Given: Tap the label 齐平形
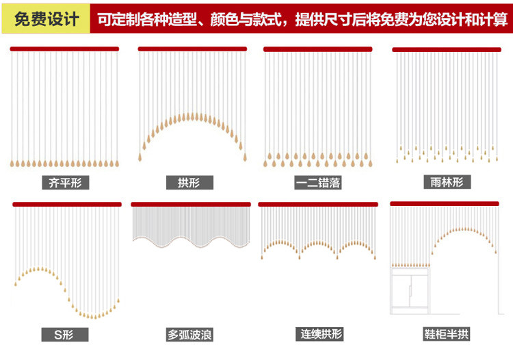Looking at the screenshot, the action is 65,183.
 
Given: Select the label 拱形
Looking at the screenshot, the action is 190,183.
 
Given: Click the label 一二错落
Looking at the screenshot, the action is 317,183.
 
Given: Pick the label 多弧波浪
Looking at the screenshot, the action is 190,335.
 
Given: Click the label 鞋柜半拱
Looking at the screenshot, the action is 447,335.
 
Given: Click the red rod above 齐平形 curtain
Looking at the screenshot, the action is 64,49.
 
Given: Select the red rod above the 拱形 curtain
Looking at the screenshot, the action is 192,49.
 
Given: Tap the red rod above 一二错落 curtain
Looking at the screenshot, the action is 317,49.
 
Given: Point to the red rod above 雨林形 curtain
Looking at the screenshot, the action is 446,49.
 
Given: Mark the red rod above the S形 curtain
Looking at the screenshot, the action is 67,204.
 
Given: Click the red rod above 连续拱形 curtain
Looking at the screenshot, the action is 318,204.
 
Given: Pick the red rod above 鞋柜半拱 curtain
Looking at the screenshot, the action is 445,204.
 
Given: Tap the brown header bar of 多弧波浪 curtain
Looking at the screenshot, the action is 192,204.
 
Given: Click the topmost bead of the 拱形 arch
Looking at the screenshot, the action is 192,115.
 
